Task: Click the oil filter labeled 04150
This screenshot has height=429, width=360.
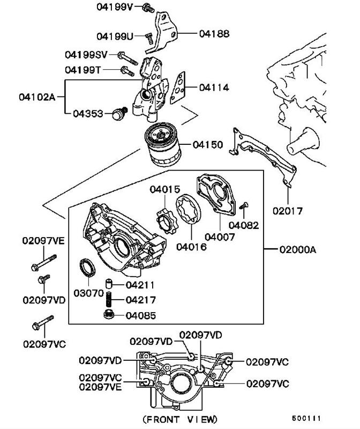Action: click(163, 144)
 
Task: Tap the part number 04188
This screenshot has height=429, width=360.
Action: click(214, 34)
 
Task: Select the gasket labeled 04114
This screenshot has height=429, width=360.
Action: click(178, 88)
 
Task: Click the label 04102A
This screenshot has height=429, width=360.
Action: click(37, 97)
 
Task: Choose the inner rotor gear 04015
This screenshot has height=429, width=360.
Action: click(167, 221)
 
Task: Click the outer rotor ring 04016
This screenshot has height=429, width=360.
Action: click(188, 209)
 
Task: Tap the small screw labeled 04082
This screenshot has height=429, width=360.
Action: click(244, 206)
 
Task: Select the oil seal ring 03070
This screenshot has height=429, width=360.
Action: click(87, 267)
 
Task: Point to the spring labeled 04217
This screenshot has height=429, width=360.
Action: click(109, 299)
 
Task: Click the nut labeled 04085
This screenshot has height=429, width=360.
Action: click(109, 315)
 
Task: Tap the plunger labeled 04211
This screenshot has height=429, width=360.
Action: click(109, 284)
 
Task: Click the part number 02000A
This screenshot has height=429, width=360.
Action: click(298, 249)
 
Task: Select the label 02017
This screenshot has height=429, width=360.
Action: click(288, 211)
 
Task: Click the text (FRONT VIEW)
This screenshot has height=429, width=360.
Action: click(180, 419)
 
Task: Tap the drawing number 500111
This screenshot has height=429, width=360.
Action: click(306, 418)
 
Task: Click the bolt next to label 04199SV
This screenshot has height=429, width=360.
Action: click(127, 58)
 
